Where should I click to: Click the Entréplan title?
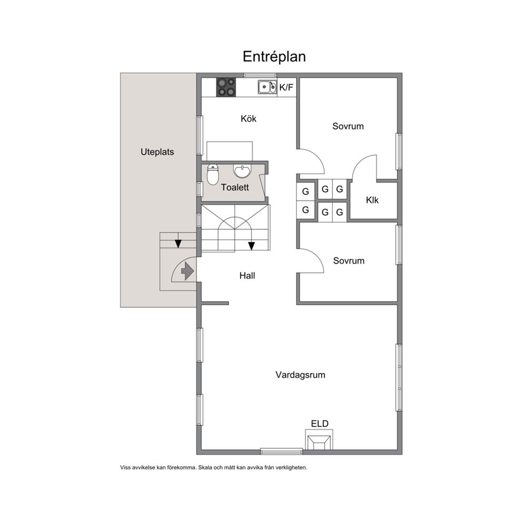274,57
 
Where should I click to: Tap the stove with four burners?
226,87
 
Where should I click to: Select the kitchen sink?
267,87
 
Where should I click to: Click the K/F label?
286,87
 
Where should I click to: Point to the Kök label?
248,118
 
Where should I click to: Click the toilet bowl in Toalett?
213,174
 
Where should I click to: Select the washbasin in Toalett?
243,171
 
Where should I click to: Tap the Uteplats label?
157,152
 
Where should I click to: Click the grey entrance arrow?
188,270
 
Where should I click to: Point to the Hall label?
247,276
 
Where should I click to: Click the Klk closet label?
372,200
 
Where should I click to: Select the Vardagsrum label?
300,375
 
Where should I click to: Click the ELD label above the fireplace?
319,424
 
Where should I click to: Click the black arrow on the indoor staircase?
252,246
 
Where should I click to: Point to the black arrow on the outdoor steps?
178,244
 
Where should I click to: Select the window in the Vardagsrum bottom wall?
282,451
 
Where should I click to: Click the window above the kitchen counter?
256,75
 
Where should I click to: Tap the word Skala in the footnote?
205,467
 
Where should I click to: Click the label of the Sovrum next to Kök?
348,126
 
